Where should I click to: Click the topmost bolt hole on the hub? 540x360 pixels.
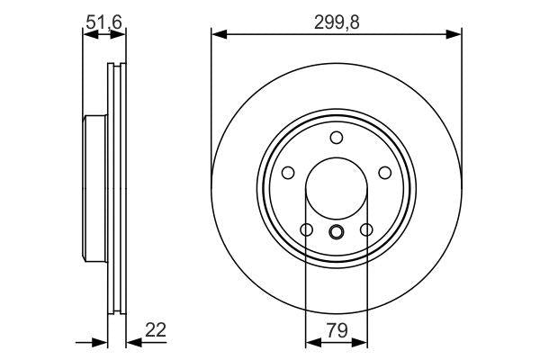[x=337, y=138]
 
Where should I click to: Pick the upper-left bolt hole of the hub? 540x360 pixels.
[x=289, y=173]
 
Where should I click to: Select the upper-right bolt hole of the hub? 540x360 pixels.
[x=384, y=173]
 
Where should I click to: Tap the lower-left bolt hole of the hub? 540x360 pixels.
[x=307, y=229]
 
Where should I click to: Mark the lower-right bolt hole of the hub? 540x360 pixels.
[x=366, y=229]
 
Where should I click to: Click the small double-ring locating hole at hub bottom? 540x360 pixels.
[x=337, y=233]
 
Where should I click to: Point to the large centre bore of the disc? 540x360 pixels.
[x=337, y=189]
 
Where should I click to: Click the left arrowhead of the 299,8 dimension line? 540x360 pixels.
[x=218, y=34]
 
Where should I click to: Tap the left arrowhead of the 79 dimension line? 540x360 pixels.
[x=312, y=341]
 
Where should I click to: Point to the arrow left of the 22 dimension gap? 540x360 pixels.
[x=101, y=341]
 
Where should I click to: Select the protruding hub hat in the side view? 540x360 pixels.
[x=94, y=189]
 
